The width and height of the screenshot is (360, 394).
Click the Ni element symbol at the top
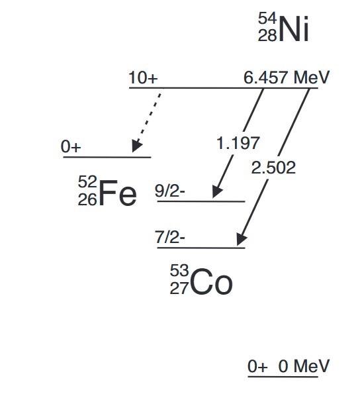(294, 30)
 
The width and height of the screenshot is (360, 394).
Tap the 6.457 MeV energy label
(287, 77)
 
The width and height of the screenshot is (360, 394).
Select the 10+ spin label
(144, 78)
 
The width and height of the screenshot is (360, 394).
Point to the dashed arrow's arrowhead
(137, 146)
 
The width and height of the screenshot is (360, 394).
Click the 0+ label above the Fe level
(71, 147)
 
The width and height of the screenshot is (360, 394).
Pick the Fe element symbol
(118, 195)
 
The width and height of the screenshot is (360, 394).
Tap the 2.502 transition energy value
(274, 167)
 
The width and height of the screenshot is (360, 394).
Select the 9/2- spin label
(170, 191)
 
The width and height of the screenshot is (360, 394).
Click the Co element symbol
(211, 283)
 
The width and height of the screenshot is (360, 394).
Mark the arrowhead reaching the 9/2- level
(216, 191)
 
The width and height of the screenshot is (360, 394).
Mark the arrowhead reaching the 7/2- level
(242, 240)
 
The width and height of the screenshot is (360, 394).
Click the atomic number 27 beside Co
(179, 290)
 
